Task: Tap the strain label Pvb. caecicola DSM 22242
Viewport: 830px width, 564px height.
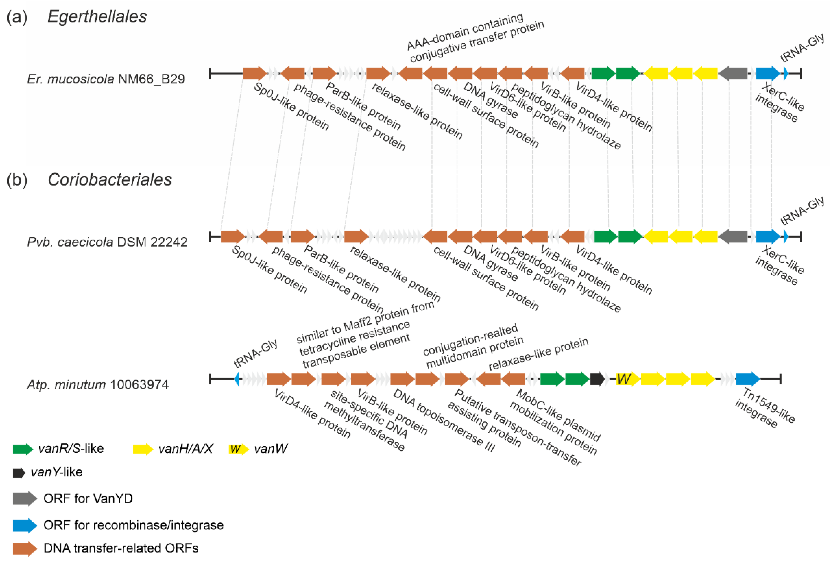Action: click(107, 242)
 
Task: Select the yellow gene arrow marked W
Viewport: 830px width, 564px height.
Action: click(627, 379)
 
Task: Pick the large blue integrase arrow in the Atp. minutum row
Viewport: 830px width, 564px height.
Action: click(747, 379)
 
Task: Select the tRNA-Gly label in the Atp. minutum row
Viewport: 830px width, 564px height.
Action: click(255, 353)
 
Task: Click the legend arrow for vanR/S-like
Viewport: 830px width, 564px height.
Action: click(23, 449)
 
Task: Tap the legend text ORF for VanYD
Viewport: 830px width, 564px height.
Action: click(88, 499)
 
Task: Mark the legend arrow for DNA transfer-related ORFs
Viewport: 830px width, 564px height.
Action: click(25, 549)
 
